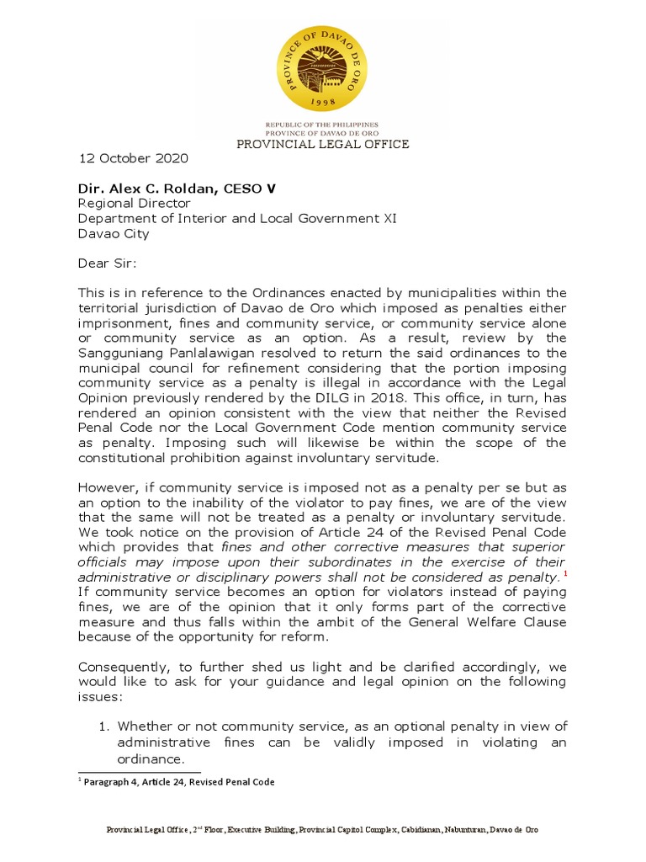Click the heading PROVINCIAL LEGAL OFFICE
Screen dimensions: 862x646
pos(323,144)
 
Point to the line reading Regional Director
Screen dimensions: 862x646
pos(135,204)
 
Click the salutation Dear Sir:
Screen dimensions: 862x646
pos(107,263)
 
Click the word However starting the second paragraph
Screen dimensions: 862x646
pos(107,488)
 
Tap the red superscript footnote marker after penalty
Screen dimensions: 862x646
pos(564,574)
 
